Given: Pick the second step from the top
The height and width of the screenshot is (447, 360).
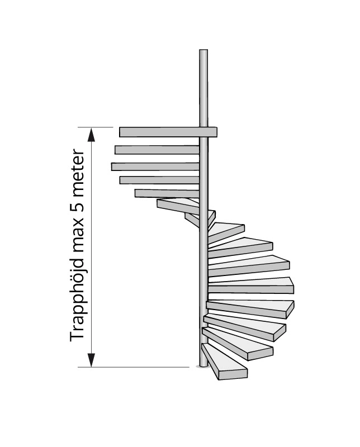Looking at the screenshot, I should click(157, 150).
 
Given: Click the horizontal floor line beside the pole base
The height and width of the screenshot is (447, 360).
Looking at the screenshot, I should click(140, 367).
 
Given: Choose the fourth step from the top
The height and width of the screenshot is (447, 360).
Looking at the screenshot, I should click(159, 180).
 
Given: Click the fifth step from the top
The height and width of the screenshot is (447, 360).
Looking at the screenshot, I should click(167, 193).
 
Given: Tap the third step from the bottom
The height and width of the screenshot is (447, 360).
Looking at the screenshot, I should click(249, 330).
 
